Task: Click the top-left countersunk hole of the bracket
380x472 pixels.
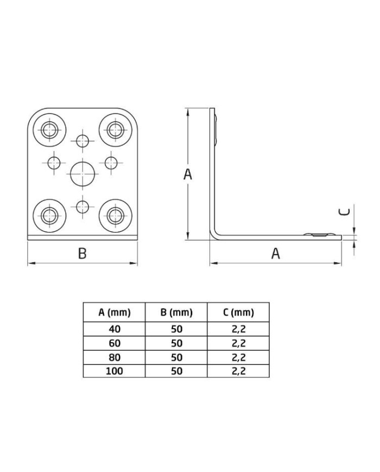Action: click(x=49, y=129)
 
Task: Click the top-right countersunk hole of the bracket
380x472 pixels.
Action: click(x=115, y=129)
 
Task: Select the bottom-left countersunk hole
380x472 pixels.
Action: click(x=49, y=215)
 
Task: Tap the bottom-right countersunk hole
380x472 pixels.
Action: click(x=115, y=215)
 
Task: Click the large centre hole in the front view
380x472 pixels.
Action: click(x=83, y=174)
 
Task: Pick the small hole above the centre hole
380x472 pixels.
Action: click(x=83, y=141)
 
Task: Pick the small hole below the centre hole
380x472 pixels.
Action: click(x=83, y=206)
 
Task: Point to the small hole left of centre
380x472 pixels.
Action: click(x=54, y=162)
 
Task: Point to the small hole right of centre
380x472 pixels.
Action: click(x=111, y=162)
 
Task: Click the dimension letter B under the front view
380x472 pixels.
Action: click(x=82, y=253)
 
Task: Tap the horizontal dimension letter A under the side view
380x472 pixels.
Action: click(x=276, y=253)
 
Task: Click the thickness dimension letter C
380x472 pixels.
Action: click(x=344, y=212)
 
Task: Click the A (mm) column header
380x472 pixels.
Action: click(x=115, y=312)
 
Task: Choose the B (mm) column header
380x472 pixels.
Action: click(x=176, y=312)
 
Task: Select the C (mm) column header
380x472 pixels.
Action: click(x=238, y=312)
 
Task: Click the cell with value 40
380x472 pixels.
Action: click(x=115, y=329)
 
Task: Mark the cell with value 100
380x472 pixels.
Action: click(x=115, y=371)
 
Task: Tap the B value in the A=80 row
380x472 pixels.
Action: click(x=176, y=357)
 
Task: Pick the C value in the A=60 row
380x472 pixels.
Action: click(x=238, y=343)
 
